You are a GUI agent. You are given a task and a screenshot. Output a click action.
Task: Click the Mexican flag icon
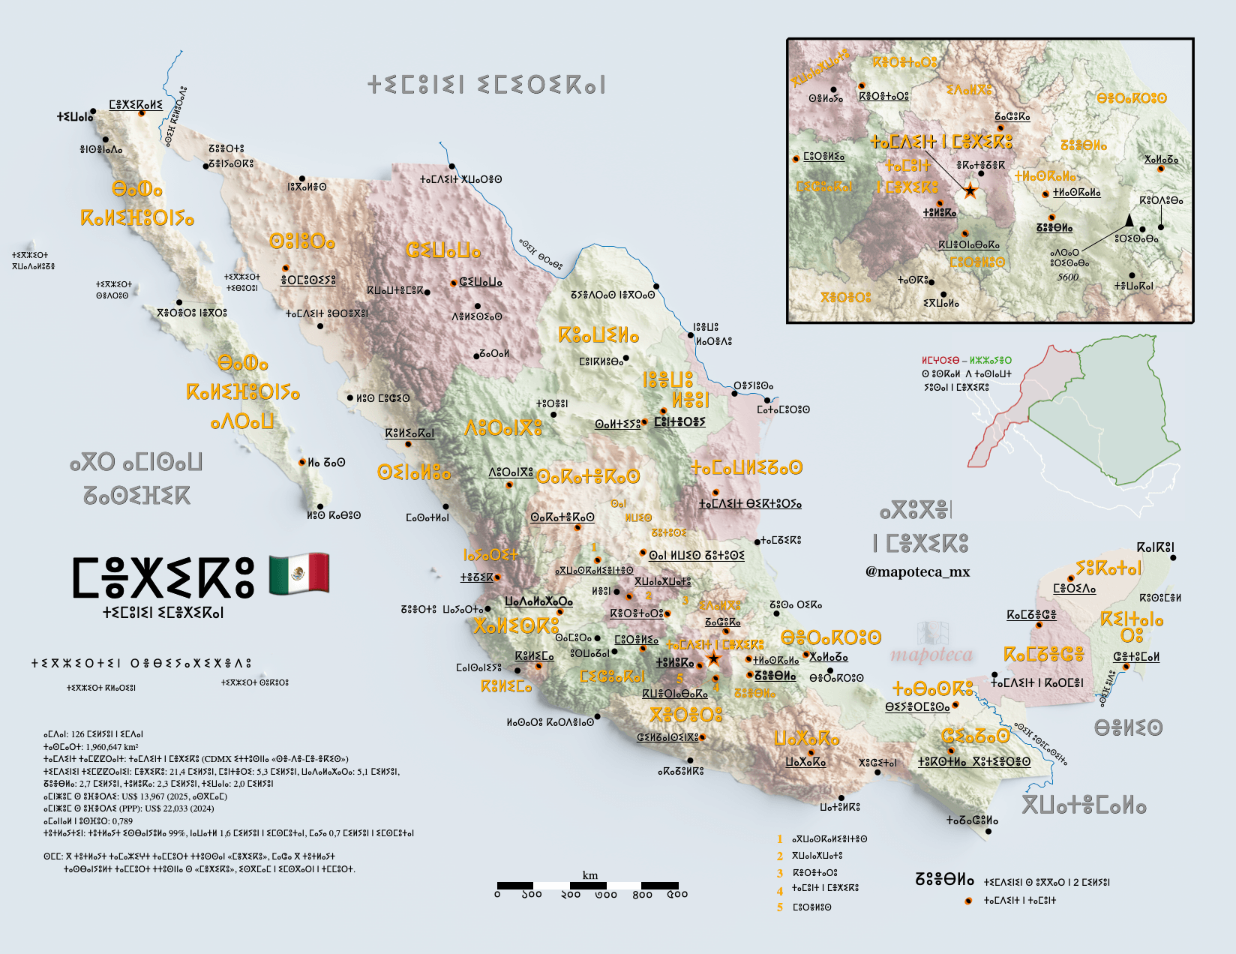coord(298,574)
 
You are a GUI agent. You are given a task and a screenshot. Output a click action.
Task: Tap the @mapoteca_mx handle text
coord(917,571)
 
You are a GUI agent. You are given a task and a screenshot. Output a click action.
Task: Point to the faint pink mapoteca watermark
coord(931,655)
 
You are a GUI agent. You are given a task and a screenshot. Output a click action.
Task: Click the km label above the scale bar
coord(590,875)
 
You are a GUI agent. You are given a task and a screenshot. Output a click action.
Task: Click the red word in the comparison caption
coord(940,361)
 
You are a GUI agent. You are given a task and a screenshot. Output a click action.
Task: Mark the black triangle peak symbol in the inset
coord(1129,220)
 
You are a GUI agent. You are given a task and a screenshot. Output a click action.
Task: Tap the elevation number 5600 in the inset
coord(1068,277)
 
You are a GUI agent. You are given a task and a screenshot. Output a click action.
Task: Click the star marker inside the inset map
coord(970,190)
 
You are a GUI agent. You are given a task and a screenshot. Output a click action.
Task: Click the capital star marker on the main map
coord(713,659)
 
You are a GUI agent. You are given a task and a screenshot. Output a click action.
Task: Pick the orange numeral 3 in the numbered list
coord(780,873)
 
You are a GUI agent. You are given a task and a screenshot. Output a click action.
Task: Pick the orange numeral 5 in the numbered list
coord(780,907)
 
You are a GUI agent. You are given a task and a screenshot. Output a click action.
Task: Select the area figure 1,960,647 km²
coord(112,747)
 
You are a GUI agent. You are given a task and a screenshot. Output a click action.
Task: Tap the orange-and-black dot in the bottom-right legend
coord(968,901)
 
